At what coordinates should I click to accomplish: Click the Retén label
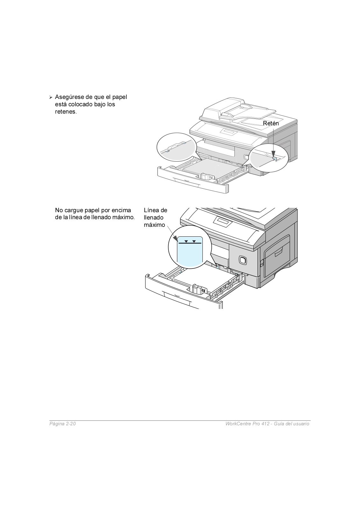click(271, 123)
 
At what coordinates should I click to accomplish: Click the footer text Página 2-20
click(62, 424)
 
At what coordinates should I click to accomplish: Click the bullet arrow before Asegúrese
click(51, 97)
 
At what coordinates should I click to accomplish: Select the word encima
click(121, 210)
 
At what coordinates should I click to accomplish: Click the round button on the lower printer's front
click(243, 261)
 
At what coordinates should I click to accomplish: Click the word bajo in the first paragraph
click(100, 104)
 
